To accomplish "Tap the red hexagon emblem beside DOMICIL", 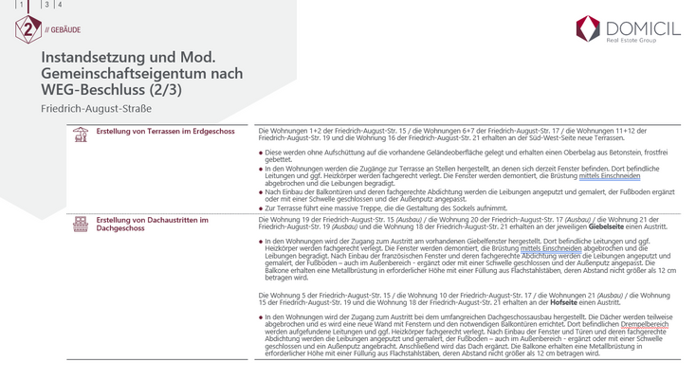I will [x=588, y=30].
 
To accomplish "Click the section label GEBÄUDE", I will [x=64, y=28].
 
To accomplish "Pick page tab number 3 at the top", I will [x=45, y=6].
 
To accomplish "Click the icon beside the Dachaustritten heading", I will [x=81, y=224].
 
